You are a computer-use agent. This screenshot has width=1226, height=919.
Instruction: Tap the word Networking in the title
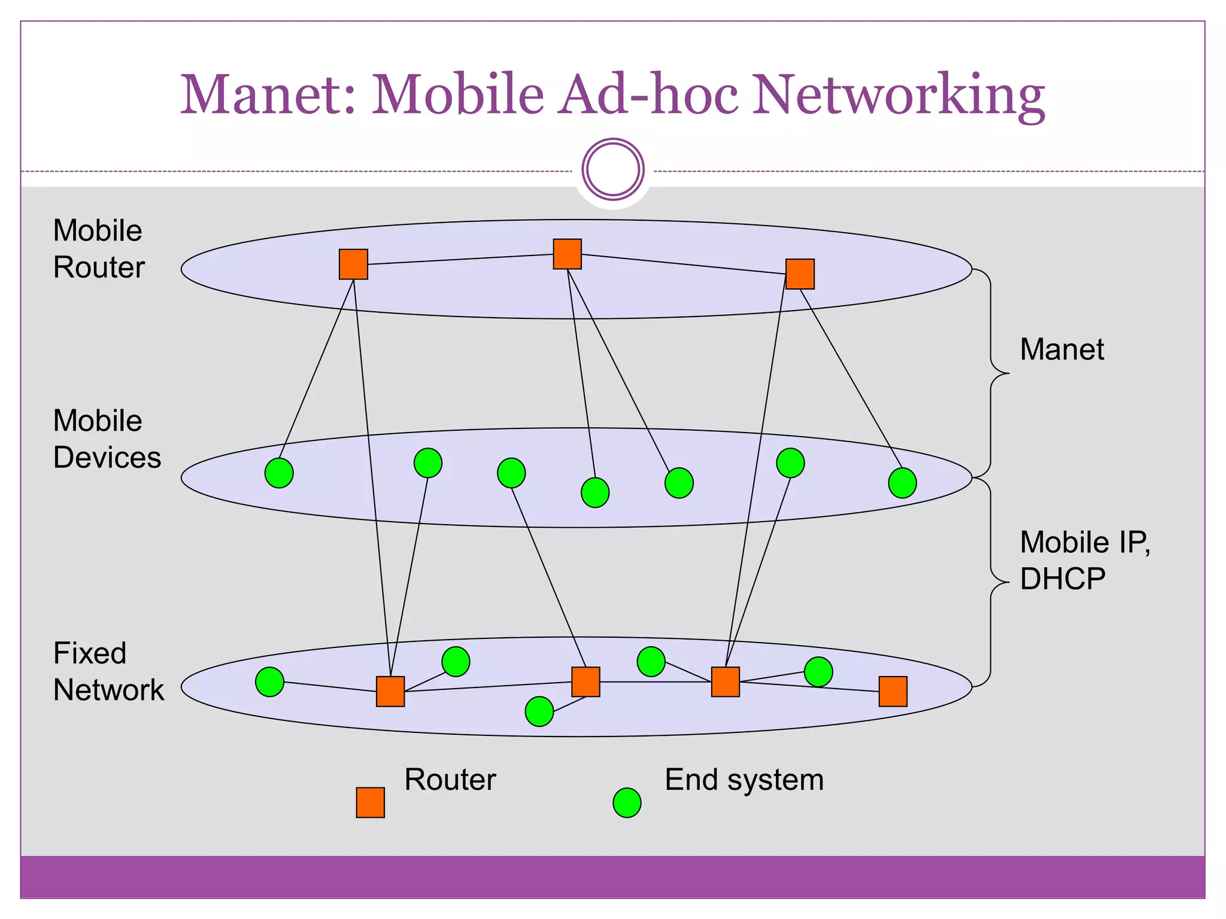(x=898, y=95)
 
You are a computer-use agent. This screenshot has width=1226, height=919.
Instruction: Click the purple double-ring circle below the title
(x=613, y=169)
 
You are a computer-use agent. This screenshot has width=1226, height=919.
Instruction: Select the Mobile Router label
(x=99, y=249)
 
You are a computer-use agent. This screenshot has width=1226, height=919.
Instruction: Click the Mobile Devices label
(x=107, y=439)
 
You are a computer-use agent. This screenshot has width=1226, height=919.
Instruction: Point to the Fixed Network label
(x=108, y=671)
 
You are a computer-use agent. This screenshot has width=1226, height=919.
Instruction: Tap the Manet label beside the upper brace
(x=1061, y=349)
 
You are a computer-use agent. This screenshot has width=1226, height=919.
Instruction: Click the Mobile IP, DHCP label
(x=1084, y=560)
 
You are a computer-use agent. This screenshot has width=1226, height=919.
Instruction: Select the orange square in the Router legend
(x=370, y=802)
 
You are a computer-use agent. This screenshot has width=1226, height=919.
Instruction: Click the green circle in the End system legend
(x=627, y=803)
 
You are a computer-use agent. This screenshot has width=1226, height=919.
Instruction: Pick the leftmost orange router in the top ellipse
(x=353, y=264)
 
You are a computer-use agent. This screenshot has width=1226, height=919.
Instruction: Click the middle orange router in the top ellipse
(x=567, y=254)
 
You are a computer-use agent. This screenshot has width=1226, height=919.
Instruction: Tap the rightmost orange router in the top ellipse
(x=800, y=274)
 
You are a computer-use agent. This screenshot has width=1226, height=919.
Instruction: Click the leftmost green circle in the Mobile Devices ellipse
(x=279, y=473)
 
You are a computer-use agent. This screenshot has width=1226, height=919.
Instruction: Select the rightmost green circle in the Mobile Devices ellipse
(x=902, y=483)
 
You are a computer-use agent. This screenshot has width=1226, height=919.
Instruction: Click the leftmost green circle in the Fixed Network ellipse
(x=269, y=682)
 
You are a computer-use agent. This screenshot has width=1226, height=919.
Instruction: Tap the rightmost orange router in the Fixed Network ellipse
(x=893, y=692)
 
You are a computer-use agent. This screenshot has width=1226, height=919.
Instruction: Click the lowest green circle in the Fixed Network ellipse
(x=539, y=711)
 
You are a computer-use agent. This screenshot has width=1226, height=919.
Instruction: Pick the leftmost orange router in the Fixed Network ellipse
(x=390, y=692)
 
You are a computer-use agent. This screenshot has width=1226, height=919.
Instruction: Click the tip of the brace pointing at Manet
(x=1009, y=373)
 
